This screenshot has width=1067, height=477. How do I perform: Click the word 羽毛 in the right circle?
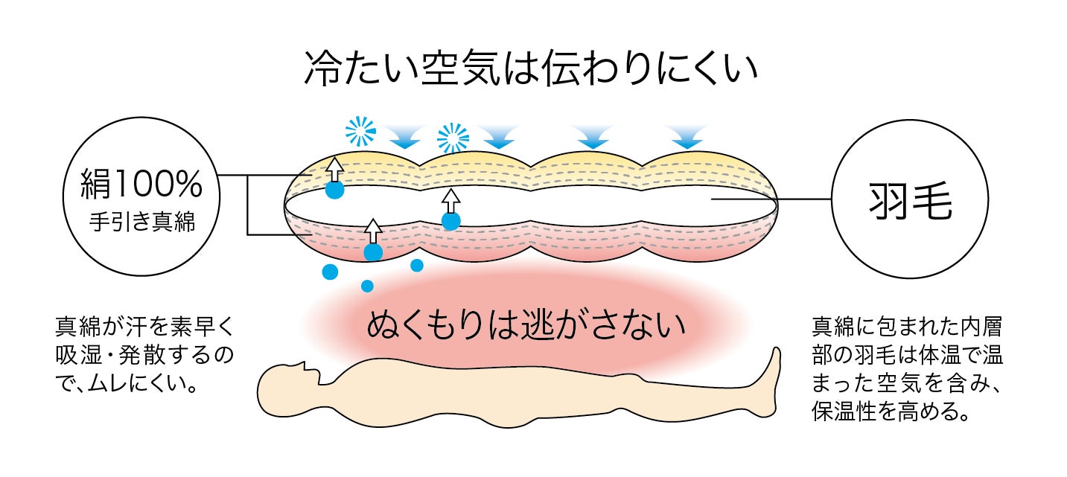(910, 203)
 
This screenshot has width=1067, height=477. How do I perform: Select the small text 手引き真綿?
(141, 222)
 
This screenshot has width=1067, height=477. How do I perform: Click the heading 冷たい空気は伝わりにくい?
(531, 69)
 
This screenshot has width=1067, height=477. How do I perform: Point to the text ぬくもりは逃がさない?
(526, 326)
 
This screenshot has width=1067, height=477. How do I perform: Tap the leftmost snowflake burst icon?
(361, 132)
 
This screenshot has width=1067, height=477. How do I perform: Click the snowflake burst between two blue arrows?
(453, 138)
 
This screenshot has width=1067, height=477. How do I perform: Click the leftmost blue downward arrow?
(404, 135)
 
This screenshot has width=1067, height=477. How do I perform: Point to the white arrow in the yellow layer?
(335, 168)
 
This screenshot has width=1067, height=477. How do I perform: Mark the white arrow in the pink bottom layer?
(373, 230)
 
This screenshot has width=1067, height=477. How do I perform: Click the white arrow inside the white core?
(450, 200)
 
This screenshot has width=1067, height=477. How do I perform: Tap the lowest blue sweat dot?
(367, 286)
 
